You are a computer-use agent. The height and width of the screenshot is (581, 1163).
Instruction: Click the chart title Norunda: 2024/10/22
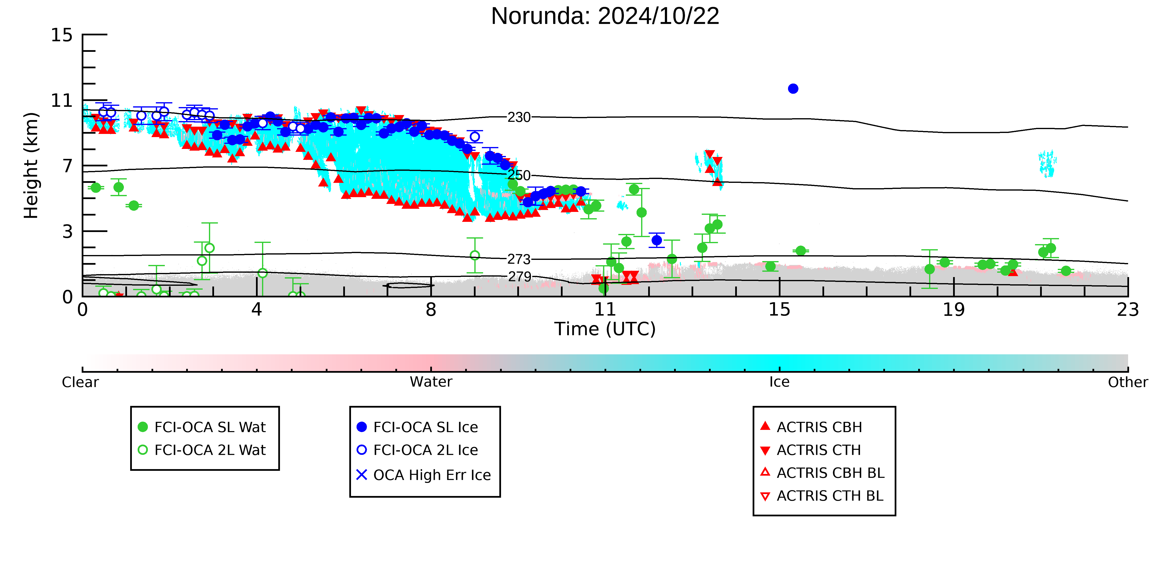click(x=605, y=16)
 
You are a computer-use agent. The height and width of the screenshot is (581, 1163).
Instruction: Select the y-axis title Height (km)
click(x=31, y=166)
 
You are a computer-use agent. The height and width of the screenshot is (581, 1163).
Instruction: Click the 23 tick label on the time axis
click(x=1128, y=310)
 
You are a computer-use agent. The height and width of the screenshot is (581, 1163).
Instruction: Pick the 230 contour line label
click(x=519, y=117)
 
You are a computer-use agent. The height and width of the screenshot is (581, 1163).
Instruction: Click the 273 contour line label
click(x=519, y=259)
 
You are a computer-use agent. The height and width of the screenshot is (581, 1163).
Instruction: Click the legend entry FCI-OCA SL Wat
click(x=202, y=427)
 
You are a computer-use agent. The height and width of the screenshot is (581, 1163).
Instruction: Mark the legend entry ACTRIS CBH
click(x=811, y=427)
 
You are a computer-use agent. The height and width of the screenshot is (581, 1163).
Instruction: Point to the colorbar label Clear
click(x=80, y=382)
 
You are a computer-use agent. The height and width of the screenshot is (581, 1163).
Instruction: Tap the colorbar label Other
click(x=1128, y=382)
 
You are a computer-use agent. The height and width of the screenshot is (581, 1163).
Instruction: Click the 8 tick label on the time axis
click(x=431, y=310)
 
